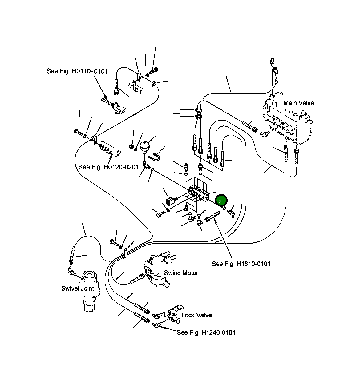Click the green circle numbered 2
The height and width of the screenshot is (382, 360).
(221, 200)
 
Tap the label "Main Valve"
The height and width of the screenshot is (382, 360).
(298, 103)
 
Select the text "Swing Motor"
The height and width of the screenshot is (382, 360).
(181, 273)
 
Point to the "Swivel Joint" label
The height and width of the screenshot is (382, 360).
(77, 288)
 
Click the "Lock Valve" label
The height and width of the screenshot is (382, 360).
(196, 315)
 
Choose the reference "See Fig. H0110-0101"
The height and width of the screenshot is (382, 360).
(77, 71)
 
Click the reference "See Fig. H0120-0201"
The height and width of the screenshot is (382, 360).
(108, 167)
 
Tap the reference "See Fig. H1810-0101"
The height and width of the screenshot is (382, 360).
(241, 264)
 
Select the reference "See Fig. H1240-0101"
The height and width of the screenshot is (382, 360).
(206, 332)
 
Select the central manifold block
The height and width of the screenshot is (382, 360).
(198, 194)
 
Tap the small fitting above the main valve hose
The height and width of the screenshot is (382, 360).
(272, 62)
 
